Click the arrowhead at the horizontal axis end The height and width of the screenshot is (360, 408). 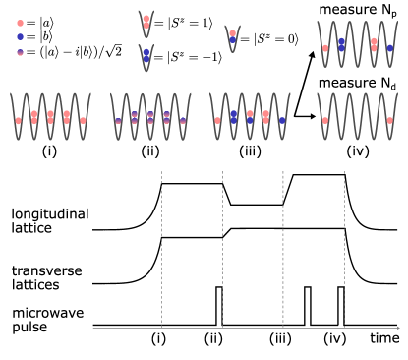[x=398, y=328]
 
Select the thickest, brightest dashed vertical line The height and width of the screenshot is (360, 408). [x=283, y=246]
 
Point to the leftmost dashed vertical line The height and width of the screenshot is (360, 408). [x=161, y=246]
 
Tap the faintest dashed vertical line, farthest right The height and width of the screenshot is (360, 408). [x=344, y=246]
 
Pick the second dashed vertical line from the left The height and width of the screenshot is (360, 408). [x=222, y=246]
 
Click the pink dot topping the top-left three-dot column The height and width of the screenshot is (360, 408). [x=20, y=23]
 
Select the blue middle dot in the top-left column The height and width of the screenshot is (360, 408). [x=20, y=36]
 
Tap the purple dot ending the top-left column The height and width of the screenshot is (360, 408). [x=20, y=52]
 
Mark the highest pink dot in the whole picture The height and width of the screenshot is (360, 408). [x=146, y=18]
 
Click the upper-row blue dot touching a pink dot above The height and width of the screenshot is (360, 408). [x=232, y=39]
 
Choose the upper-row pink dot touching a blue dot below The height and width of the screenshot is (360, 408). [x=232, y=32]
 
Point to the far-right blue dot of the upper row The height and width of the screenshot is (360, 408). [x=389, y=47]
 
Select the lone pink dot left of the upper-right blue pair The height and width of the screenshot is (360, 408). [x=325, y=47]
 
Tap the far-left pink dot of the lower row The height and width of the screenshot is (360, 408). [x=18, y=121]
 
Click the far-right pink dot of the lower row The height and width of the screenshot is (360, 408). [x=389, y=120]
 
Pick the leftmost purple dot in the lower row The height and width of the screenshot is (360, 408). [x=118, y=121]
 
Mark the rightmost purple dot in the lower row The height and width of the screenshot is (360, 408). [x=183, y=121]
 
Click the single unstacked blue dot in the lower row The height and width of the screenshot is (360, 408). [x=282, y=120]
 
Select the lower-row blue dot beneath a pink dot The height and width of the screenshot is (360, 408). [x=250, y=120]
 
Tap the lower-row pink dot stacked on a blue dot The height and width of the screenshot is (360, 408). [x=250, y=114]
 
